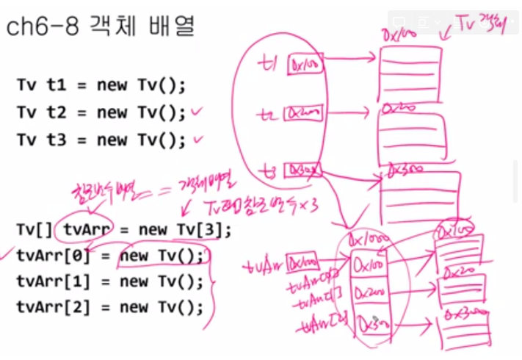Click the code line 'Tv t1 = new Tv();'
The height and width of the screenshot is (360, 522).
[101, 84]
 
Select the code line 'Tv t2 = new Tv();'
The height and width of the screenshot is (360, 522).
[101, 112]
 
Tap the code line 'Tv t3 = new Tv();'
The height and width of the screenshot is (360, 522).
[101, 140]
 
